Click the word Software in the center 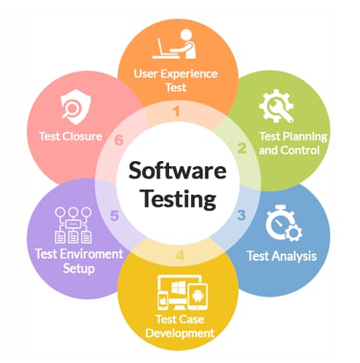[x=178, y=171]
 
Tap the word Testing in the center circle [x=179, y=200]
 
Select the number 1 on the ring [x=176, y=112]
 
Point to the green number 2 [x=242, y=148]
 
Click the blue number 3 [x=241, y=215]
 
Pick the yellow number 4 [x=180, y=255]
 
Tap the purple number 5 [x=114, y=216]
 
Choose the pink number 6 [x=119, y=140]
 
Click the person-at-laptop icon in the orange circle [x=174, y=44]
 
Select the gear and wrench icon [x=276, y=106]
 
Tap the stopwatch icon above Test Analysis [x=283, y=223]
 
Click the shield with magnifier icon [x=76, y=107]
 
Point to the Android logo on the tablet [x=198, y=296]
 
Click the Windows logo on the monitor [x=179, y=288]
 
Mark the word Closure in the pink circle [x=82, y=136]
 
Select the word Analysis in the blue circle [x=294, y=257]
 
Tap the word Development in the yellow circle [x=180, y=333]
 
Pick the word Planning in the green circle [x=307, y=137]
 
